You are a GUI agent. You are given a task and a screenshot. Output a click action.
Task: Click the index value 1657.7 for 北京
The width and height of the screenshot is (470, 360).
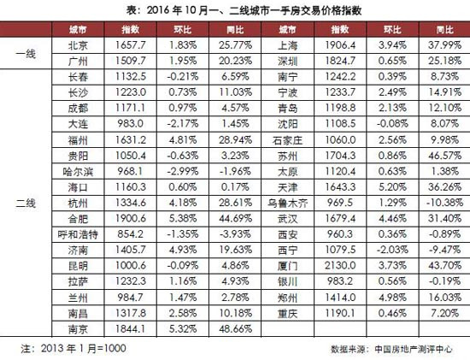[131, 45]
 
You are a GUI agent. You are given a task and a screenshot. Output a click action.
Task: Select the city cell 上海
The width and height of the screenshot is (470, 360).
[287, 45]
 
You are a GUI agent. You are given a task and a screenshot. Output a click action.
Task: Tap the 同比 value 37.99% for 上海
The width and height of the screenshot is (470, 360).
[444, 45]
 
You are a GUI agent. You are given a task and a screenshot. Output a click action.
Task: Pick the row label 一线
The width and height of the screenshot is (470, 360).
[26, 54]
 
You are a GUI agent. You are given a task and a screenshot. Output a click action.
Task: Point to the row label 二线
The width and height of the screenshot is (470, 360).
[26, 204]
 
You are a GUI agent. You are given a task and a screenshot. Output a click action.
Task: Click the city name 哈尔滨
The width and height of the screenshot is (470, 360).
[78, 172]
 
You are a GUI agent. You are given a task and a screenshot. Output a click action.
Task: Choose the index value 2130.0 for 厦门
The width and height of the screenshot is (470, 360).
[340, 265]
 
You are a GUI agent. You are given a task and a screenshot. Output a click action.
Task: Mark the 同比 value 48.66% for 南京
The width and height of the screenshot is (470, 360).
[235, 329]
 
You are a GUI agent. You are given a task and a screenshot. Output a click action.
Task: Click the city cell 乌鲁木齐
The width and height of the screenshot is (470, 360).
[287, 204]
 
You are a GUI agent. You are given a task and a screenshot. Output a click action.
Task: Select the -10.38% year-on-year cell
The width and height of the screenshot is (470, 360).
[444, 203]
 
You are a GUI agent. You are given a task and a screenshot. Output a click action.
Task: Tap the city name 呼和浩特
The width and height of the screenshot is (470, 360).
[78, 234]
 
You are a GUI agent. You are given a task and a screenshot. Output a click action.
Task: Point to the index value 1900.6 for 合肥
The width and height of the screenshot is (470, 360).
[131, 218]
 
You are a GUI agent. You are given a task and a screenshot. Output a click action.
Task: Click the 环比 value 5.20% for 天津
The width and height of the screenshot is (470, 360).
[392, 187]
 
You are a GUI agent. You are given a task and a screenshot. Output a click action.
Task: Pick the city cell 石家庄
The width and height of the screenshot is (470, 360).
[287, 140]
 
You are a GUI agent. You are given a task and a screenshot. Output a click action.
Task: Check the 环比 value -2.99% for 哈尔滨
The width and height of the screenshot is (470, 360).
[183, 172]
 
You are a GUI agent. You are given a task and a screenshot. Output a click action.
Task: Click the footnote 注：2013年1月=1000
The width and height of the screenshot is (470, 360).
[73, 348]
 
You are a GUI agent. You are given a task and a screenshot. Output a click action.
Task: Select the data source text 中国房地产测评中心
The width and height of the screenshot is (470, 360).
[414, 349]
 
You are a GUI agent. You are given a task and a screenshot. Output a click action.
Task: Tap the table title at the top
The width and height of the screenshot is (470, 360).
[244, 10]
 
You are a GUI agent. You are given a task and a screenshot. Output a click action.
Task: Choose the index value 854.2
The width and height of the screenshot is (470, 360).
[131, 234]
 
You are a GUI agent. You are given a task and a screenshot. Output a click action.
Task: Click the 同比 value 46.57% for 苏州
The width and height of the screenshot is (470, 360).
[444, 156]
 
